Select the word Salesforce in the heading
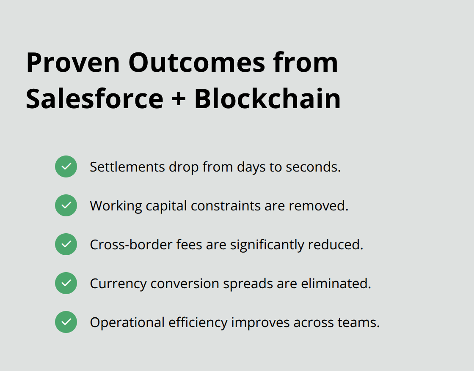pyautogui.click(x=94, y=99)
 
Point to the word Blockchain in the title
pyautogui.click(x=267, y=99)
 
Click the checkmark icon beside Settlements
pyautogui.click(x=66, y=166)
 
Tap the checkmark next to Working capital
pyautogui.click(x=66, y=205)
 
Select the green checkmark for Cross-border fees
pyautogui.click(x=66, y=244)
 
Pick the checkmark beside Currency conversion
pyautogui.click(x=66, y=283)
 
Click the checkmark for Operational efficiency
pyautogui.click(x=66, y=322)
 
